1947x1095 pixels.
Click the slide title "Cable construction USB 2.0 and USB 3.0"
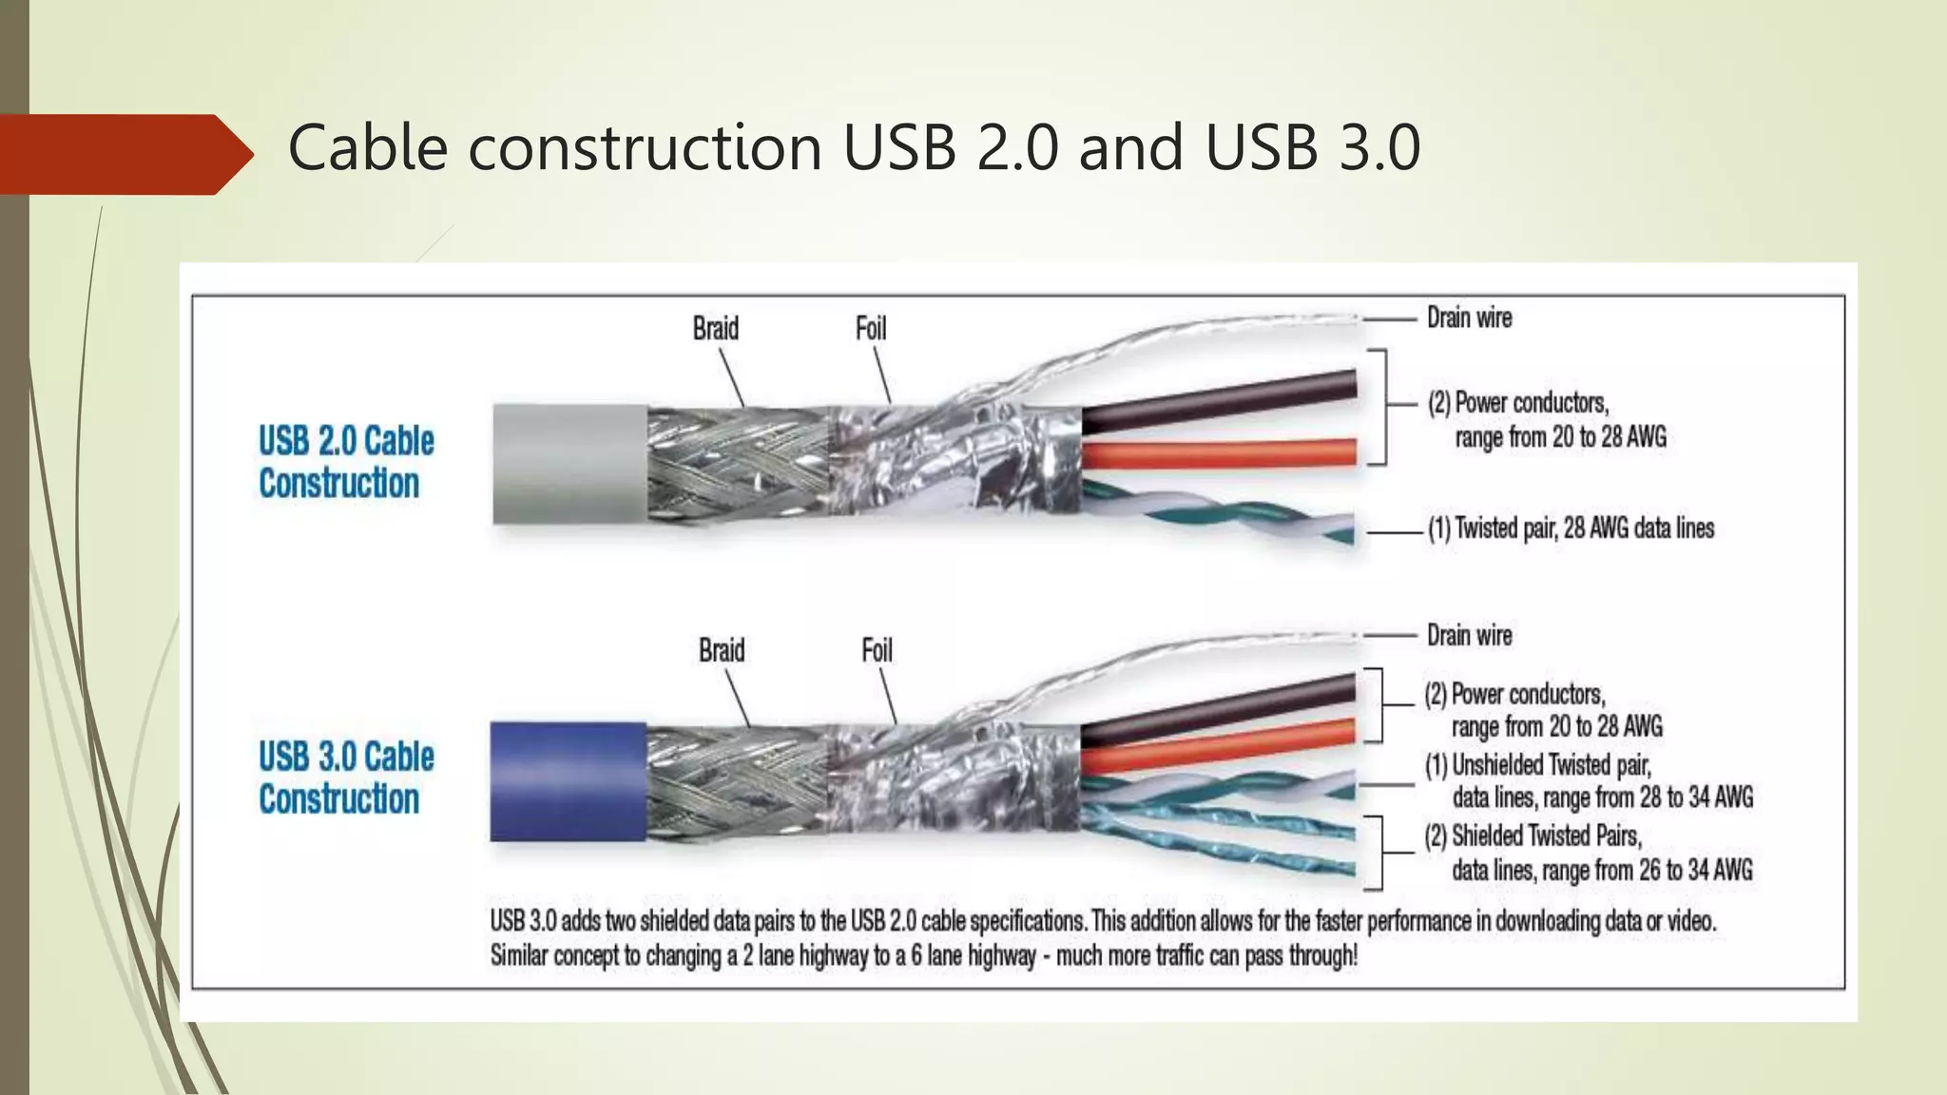pyautogui.click(x=853, y=148)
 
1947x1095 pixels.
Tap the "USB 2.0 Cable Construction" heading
pyautogui.click(x=345, y=462)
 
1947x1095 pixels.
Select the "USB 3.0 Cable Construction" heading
pyautogui.click(x=345, y=778)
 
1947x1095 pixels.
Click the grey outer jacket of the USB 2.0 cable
pyautogui.click(x=569, y=464)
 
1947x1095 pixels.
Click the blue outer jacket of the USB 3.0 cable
pyautogui.click(x=568, y=781)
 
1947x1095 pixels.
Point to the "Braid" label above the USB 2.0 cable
pyautogui.click(x=715, y=329)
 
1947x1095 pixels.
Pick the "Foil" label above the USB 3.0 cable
pyautogui.click(x=877, y=651)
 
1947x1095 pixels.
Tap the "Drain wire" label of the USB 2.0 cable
pyautogui.click(x=1469, y=318)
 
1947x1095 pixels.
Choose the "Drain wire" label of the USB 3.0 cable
pyautogui.click(x=1469, y=636)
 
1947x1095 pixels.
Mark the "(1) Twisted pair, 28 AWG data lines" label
pyautogui.click(x=1571, y=528)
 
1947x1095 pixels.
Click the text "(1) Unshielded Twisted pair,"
pyautogui.click(x=1537, y=765)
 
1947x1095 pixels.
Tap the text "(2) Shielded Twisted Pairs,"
pyautogui.click(x=1533, y=836)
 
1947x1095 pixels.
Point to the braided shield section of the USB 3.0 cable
pyautogui.click(x=737, y=781)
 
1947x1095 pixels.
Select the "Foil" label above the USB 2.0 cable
pyautogui.click(x=871, y=329)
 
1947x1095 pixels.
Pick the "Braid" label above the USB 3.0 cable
pyautogui.click(x=722, y=651)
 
